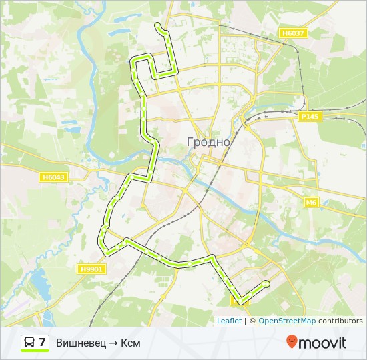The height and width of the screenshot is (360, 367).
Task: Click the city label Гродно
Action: pyautogui.click(x=208, y=142)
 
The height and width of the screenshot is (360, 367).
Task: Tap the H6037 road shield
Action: pyautogui.click(x=293, y=33)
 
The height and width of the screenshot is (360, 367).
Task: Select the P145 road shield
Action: pyautogui.click(x=309, y=116)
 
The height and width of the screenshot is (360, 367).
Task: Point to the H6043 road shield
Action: pyautogui.click(x=54, y=177)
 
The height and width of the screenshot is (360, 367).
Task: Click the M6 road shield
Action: pyautogui.click(x=311, y=202)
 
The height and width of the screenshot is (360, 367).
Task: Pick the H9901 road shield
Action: pyautogui.click(x=92, y=269)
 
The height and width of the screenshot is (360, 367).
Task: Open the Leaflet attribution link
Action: pyautogui.click(x=229, y=321)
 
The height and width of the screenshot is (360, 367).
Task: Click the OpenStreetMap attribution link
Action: pyautogui.click(x=287, y=321)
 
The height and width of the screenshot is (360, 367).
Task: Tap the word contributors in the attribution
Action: pyautogui.click(x=340, y=321)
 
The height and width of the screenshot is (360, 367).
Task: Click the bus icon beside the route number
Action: pyautogui.click(x=29, y=343)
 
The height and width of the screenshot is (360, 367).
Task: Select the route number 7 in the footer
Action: pyautogui.click(x=43, y=343)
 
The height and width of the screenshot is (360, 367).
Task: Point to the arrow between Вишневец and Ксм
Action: pyautogui.click(x=113, y=343)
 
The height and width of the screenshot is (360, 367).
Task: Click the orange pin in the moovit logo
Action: pyautogui.click(x=292, y=342)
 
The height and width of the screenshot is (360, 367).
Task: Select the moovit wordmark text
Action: pyautogui.click(x=322, y=343)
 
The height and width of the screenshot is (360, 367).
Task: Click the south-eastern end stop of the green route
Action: pyautogui.click(x=266, y=283)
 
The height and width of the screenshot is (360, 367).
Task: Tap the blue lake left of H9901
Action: pyautogui.click(x=39, y=285)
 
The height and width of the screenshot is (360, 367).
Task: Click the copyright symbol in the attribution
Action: pyautogui.click(x=253, y=321)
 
